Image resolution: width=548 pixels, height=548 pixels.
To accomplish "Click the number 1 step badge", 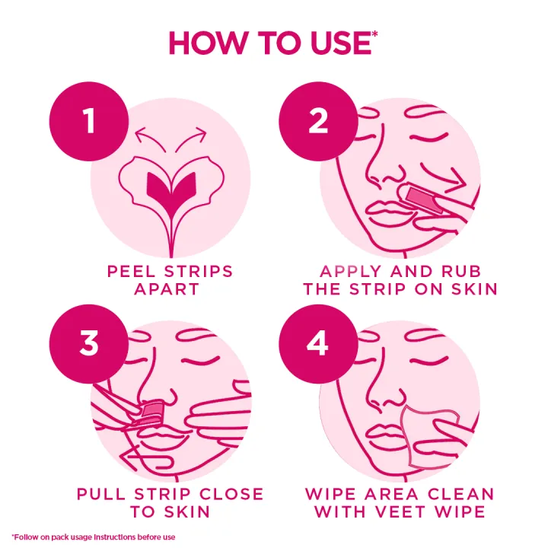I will pyautogui.click(x=89, y=121).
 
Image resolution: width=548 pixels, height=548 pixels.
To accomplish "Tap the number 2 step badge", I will pyautogui.click(x=317, y=121).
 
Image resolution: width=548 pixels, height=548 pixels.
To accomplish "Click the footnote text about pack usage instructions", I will pyautogui.click(x=94, y=537).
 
